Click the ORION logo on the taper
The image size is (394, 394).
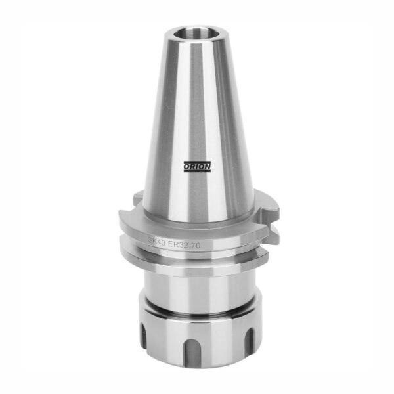197,167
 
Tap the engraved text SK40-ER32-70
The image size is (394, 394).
174,242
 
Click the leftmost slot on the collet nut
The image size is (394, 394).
143,336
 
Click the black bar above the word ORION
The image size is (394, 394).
197,162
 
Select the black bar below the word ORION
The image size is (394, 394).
197,171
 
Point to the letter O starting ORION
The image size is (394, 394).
186,167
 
